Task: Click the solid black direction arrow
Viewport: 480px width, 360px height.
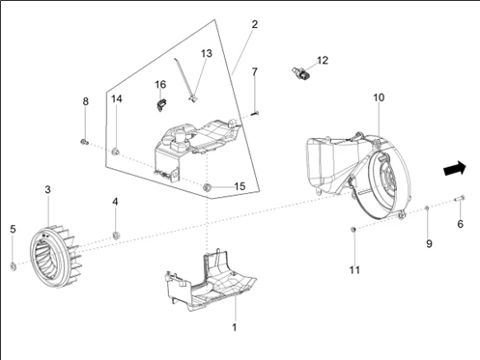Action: point(455,168)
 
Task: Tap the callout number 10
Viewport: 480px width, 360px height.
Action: point(379,97)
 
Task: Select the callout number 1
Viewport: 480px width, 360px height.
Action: point(235,327)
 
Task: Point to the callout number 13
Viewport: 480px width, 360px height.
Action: point(207,53)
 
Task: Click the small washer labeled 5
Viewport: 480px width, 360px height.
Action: point(14,266)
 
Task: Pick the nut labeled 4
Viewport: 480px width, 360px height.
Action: point(116,235)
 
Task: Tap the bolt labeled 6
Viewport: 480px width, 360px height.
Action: point(460,198)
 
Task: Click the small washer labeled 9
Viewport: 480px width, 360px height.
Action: point(427,208)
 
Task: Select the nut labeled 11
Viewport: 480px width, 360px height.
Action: point(353,229)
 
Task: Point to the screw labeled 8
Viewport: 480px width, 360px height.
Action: point(84,142)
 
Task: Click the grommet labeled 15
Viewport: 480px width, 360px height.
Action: point(207,187)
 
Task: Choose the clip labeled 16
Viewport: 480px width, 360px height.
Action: point(161,105)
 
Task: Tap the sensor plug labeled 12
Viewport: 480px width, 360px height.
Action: point(300,73)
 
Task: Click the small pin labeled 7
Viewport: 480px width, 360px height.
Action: point(255,113)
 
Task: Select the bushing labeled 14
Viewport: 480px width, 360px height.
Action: point(116,152)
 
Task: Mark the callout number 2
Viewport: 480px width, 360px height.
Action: point(255,24)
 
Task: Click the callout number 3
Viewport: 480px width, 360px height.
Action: point(47,189)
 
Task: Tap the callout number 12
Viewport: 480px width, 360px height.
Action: point(323,60)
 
